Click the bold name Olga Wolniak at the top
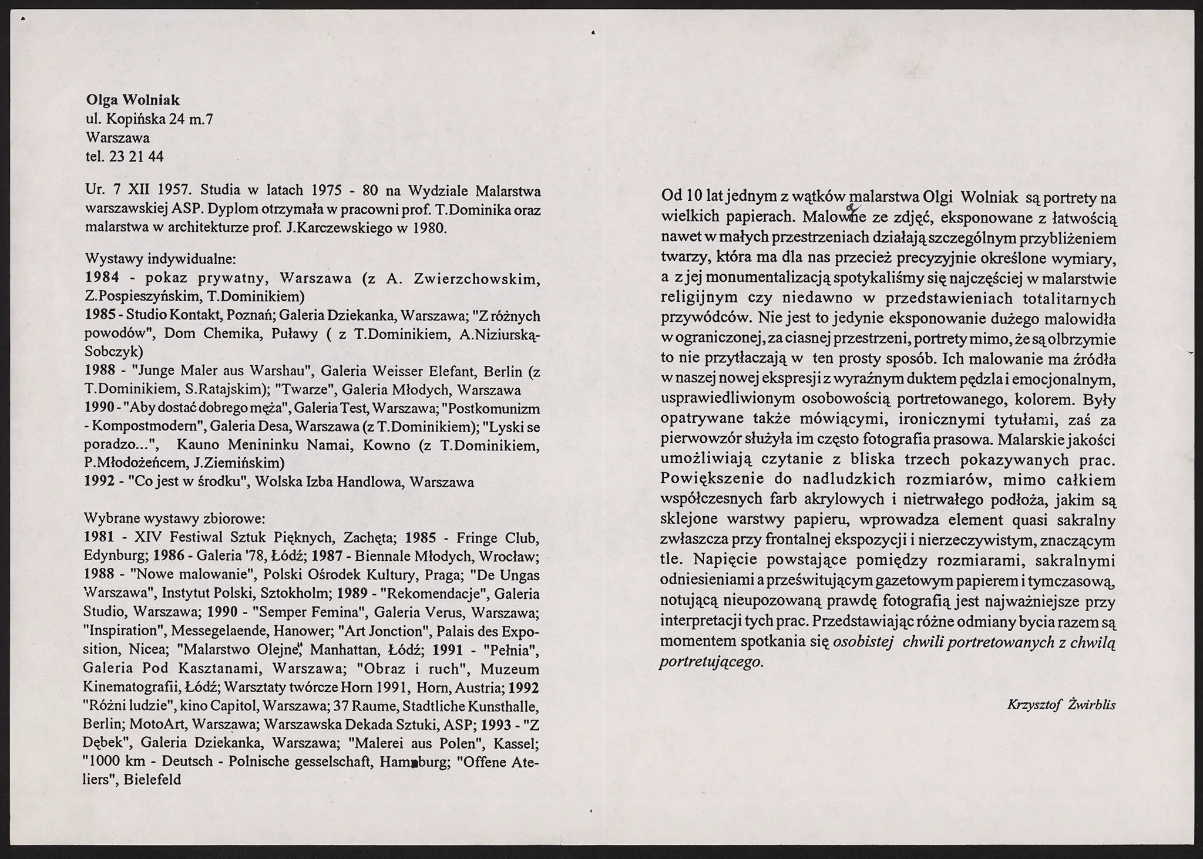click(x=133, y=100)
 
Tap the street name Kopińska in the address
click(x=133, y=119)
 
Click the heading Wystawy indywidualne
click(x=160, y=258)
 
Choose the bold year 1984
click(x=102, y=277)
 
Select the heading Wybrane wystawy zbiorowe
click(x=175, y=519)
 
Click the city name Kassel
click(x=516, y=743)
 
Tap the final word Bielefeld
click(x=152, y=780)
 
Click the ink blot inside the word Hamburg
click(x=414, y=763)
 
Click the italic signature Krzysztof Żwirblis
click(x=1061, y=705)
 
